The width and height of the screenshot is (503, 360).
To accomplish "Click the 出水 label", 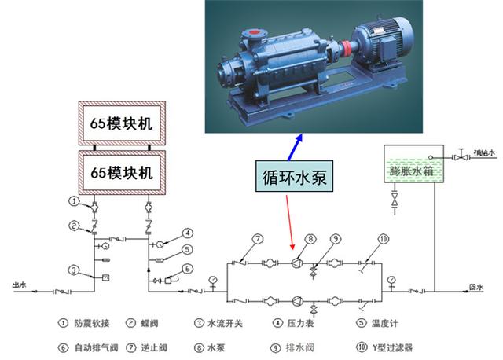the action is [19, 284].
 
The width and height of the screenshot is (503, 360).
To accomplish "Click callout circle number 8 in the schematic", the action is [310, 239].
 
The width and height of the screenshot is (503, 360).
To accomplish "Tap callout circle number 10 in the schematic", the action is [384, 239].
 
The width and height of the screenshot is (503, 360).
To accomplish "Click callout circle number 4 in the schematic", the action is [188, 233].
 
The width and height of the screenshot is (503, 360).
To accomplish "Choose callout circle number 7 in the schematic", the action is [257, 239].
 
